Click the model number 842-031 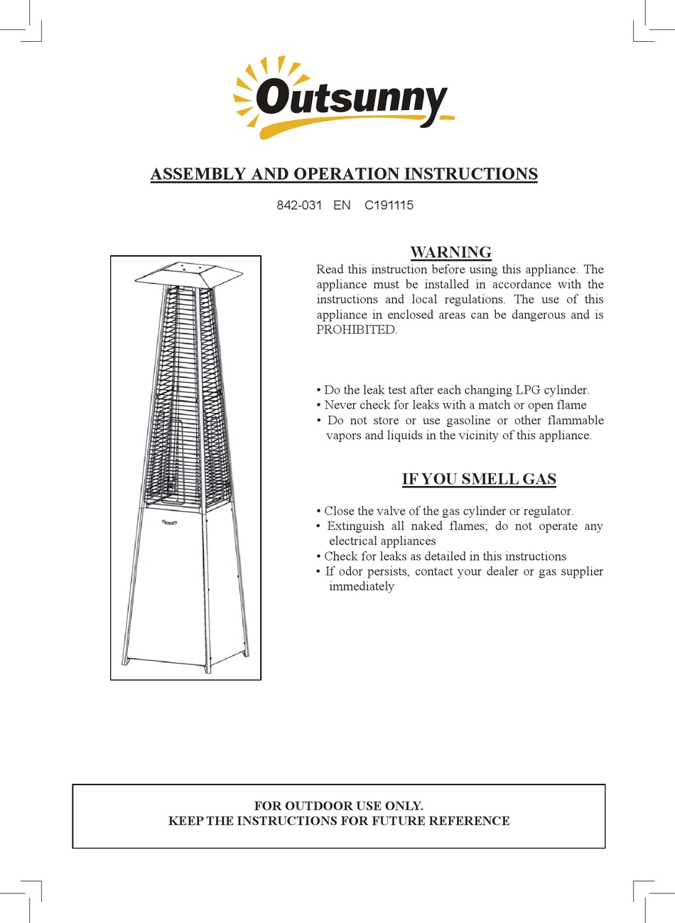pyautogui.click(x=299, y=205)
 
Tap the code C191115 pyautogui.click(x=389, y=205)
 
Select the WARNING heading pyautogui.click(x=450, y=252)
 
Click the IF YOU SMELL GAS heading pyautogui.click(x=479, y=479)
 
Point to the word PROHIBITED pyautogui.click(x=355, y=330)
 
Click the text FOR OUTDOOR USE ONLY pyautogui.click(x=338, y=806)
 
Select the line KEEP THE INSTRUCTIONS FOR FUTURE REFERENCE pyautogui.click(x=339, y=821)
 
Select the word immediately pyautogui.click(x=361, y=587)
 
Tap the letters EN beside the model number pyautogui.click(x=342, y=205)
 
